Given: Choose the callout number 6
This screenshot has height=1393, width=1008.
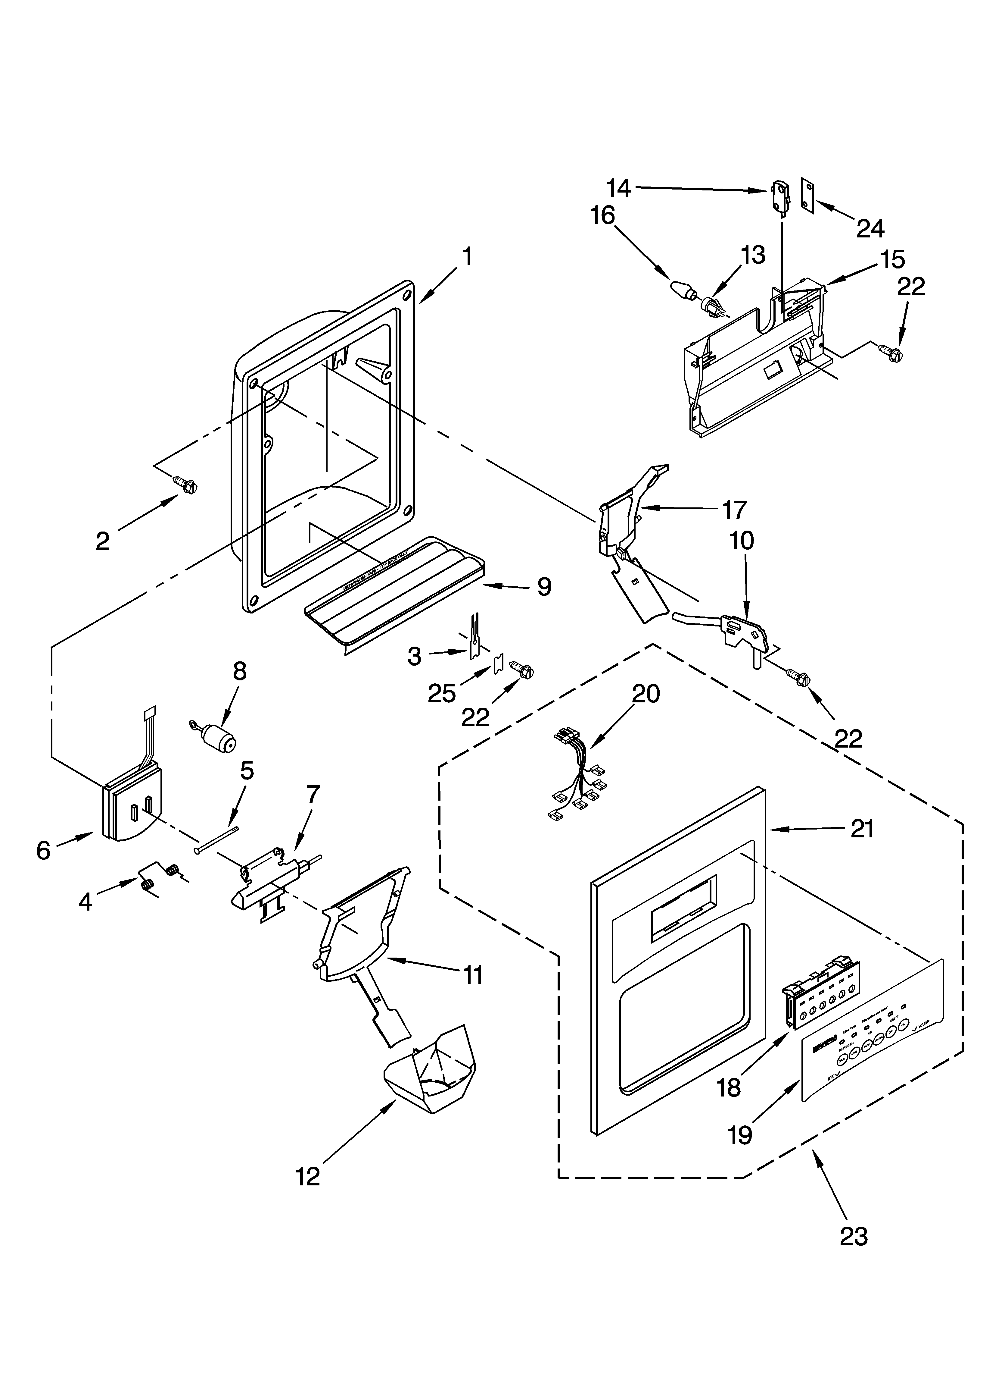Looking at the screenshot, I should [43, 850].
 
